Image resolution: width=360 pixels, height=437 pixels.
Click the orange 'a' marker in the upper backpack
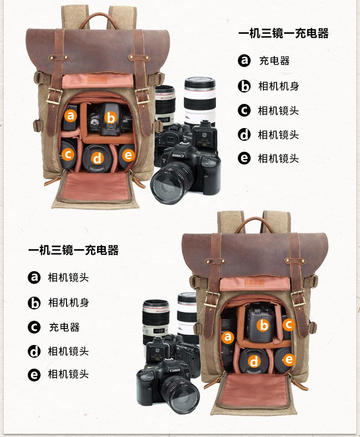[70, 115]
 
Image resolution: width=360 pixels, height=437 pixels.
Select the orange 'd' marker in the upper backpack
[97, 158]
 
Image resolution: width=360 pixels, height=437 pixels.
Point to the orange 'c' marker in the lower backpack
[288, 325]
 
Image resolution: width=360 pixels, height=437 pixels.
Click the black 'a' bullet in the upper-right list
[244, 60]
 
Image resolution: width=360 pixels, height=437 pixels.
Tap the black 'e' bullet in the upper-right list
[244, 158]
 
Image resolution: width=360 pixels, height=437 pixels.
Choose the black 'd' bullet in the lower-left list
[34, 351]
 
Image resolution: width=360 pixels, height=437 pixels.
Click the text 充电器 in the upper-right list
[274, 61]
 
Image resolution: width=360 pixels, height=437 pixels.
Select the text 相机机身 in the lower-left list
[68, 303]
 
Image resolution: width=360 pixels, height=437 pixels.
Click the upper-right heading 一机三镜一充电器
[283, 33]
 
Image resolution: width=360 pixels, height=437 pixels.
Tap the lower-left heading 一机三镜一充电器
[73, 250]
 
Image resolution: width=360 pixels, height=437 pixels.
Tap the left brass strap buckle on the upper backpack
[55, 96]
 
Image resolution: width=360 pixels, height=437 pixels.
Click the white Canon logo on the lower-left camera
[175, 370]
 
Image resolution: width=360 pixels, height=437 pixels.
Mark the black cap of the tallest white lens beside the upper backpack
[200, 83]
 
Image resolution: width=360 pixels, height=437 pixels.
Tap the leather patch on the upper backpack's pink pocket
[97, 78]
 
